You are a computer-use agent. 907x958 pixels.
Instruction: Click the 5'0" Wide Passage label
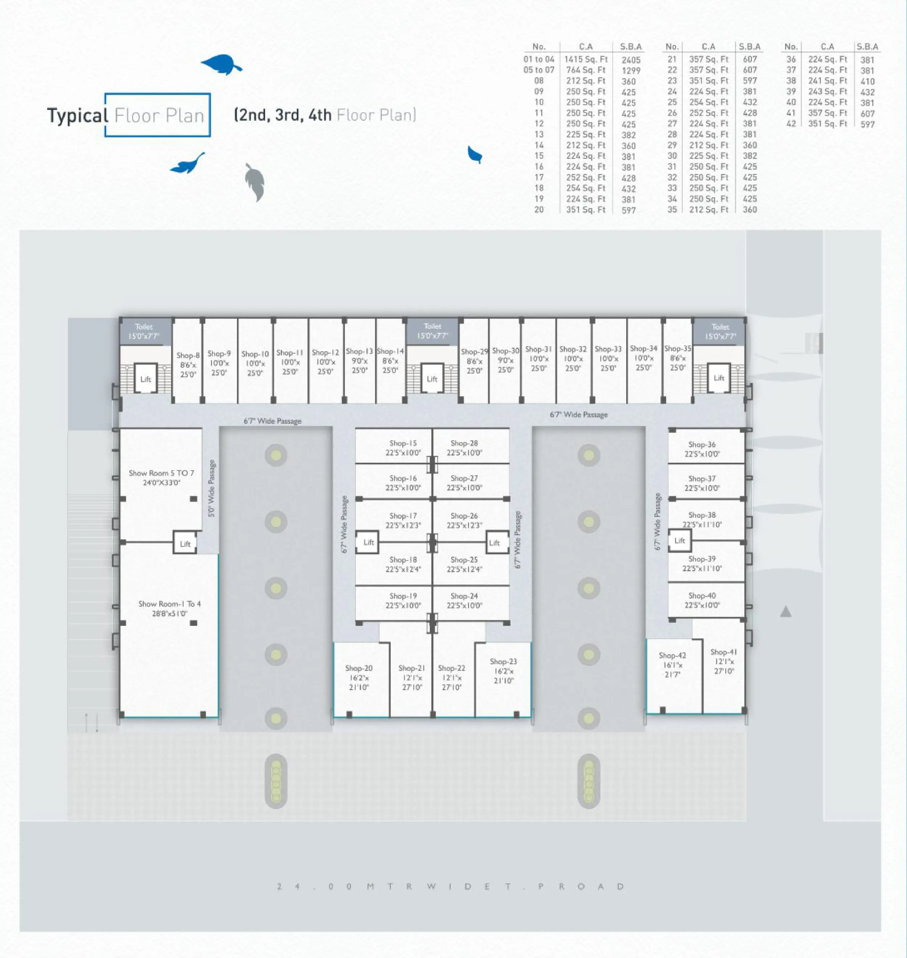(x=212, y=488)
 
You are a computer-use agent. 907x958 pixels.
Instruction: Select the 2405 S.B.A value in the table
(x=631, y=60)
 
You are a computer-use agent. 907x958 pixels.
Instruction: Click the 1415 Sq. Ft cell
(x=586, y=59)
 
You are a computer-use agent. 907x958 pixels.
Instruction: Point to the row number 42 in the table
(x=791, y=124)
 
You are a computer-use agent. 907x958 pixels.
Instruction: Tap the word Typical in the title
(x=77, y=116)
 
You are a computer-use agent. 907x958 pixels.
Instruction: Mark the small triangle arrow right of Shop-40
(x=786, y=612)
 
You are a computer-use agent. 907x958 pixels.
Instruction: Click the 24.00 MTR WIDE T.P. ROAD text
(x=451, y=887)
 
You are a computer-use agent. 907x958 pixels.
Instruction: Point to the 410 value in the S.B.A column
(x=867, y=81)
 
